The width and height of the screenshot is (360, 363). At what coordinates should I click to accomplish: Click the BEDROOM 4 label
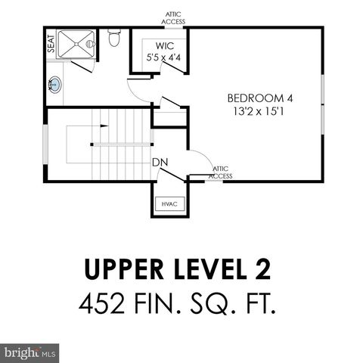(259, 98)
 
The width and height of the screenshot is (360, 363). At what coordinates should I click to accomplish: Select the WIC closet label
(157, 45)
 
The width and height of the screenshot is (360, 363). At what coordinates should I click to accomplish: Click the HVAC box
(167, 204)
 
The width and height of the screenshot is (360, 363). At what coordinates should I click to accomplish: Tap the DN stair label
(160, 162)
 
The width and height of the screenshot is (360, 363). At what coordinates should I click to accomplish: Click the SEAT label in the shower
(51, 43)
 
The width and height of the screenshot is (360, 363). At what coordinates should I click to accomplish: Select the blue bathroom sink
(55, 85)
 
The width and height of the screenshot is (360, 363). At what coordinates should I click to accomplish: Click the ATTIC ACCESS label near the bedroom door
(221, 172)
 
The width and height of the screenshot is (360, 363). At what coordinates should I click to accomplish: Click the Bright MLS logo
(30, 352)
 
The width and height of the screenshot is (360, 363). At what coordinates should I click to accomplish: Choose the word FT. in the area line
(255, 304)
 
